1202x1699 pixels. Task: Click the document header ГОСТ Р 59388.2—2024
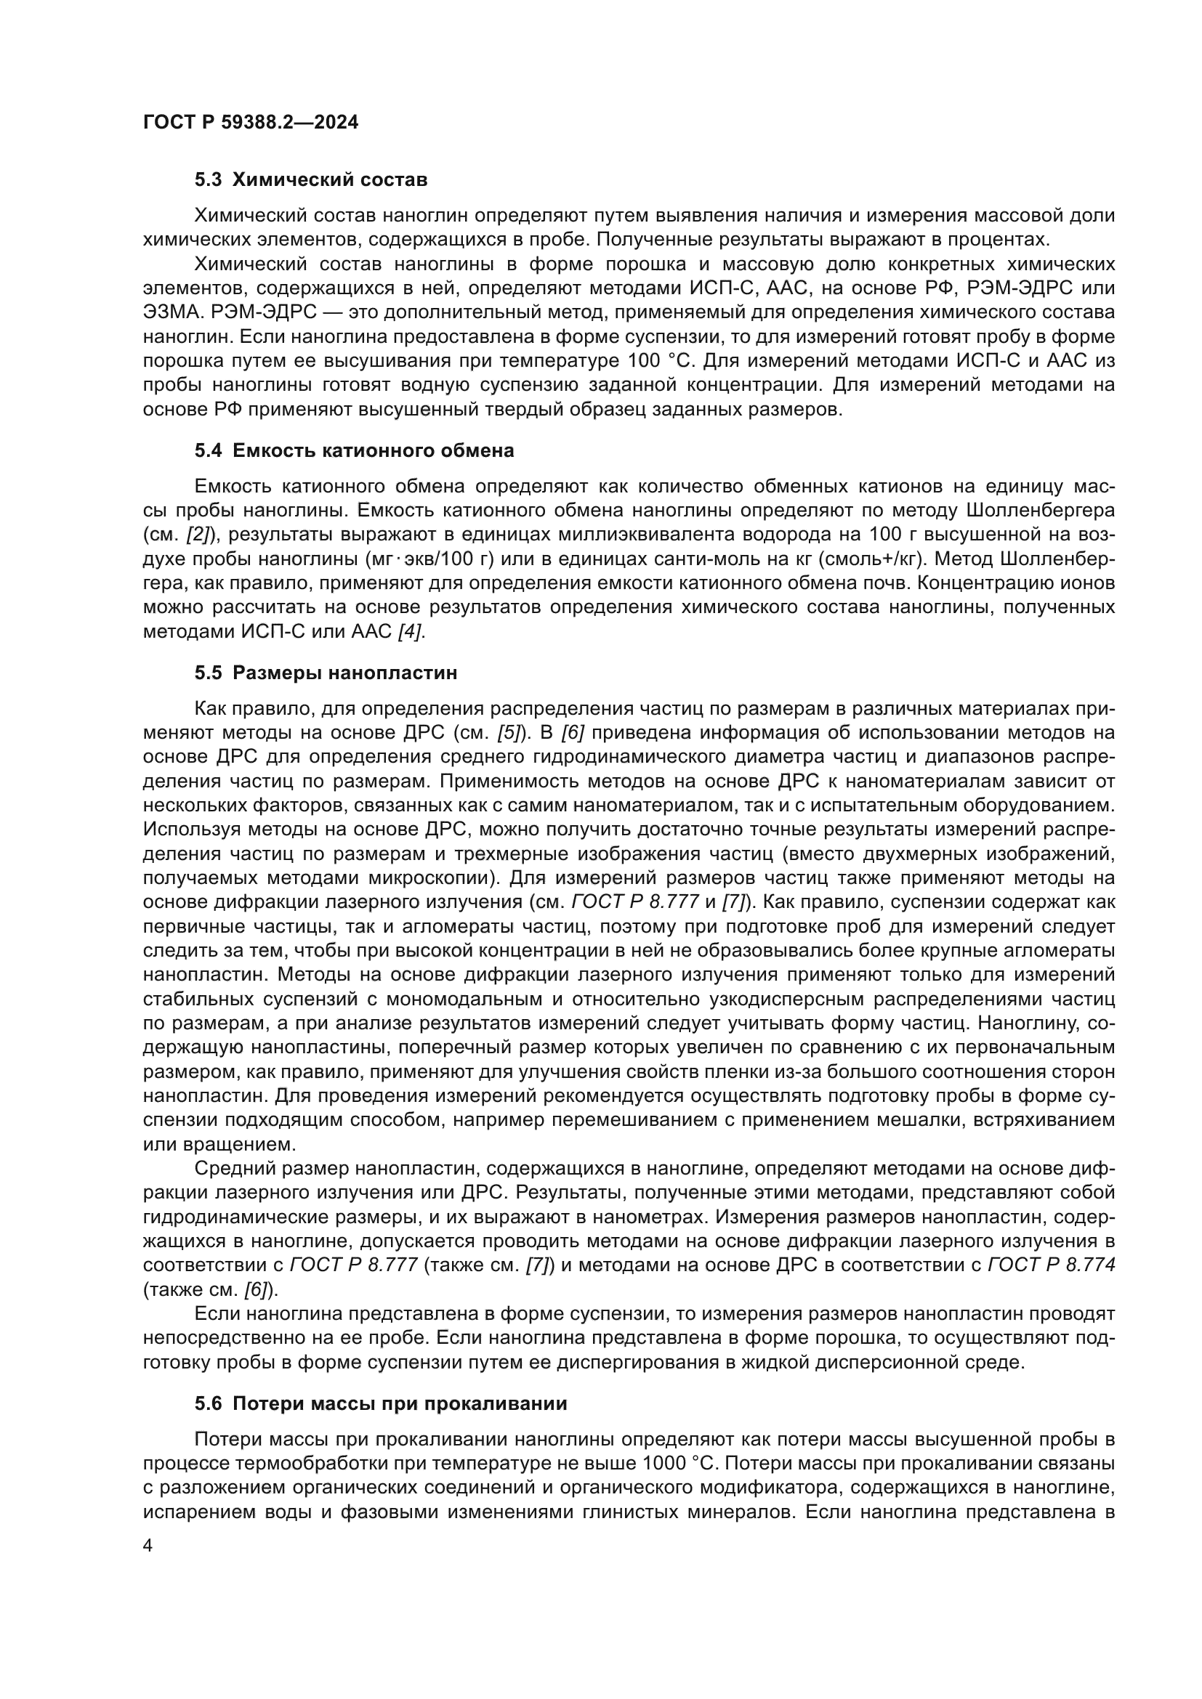point(250,122)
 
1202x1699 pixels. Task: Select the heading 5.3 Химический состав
point(311,180)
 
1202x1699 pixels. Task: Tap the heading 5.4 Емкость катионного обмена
point(354,450)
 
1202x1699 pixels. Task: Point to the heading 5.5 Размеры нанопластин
point(326,673)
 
